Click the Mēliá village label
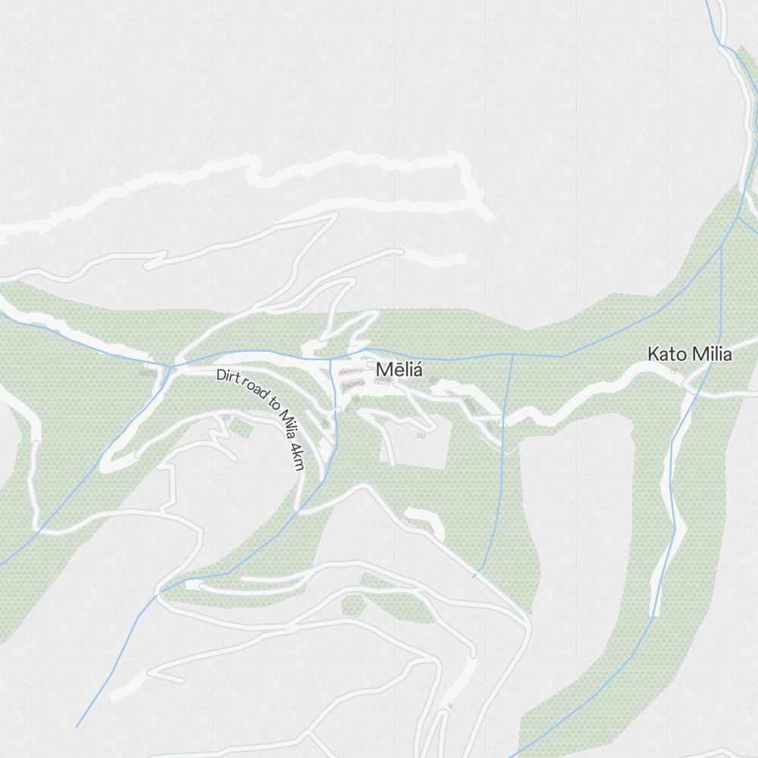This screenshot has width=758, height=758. click(x=398, y=370)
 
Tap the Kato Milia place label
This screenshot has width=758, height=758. click(x=689, y=354)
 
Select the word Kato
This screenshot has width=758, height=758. click(x=665, y=354)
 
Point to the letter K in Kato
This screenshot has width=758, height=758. click(x=652, y=354)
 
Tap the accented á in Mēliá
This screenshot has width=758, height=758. click(x=415, y=369)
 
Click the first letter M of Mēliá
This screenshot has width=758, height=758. click(x=382, y=370)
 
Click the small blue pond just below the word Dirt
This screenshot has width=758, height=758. click(x=226, y=418)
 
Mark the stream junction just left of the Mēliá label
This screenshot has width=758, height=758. click(x=330, y=359)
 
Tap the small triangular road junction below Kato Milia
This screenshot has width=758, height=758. click(x=689, y=386)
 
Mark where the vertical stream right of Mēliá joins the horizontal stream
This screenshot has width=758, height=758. click(x=512, y=354)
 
